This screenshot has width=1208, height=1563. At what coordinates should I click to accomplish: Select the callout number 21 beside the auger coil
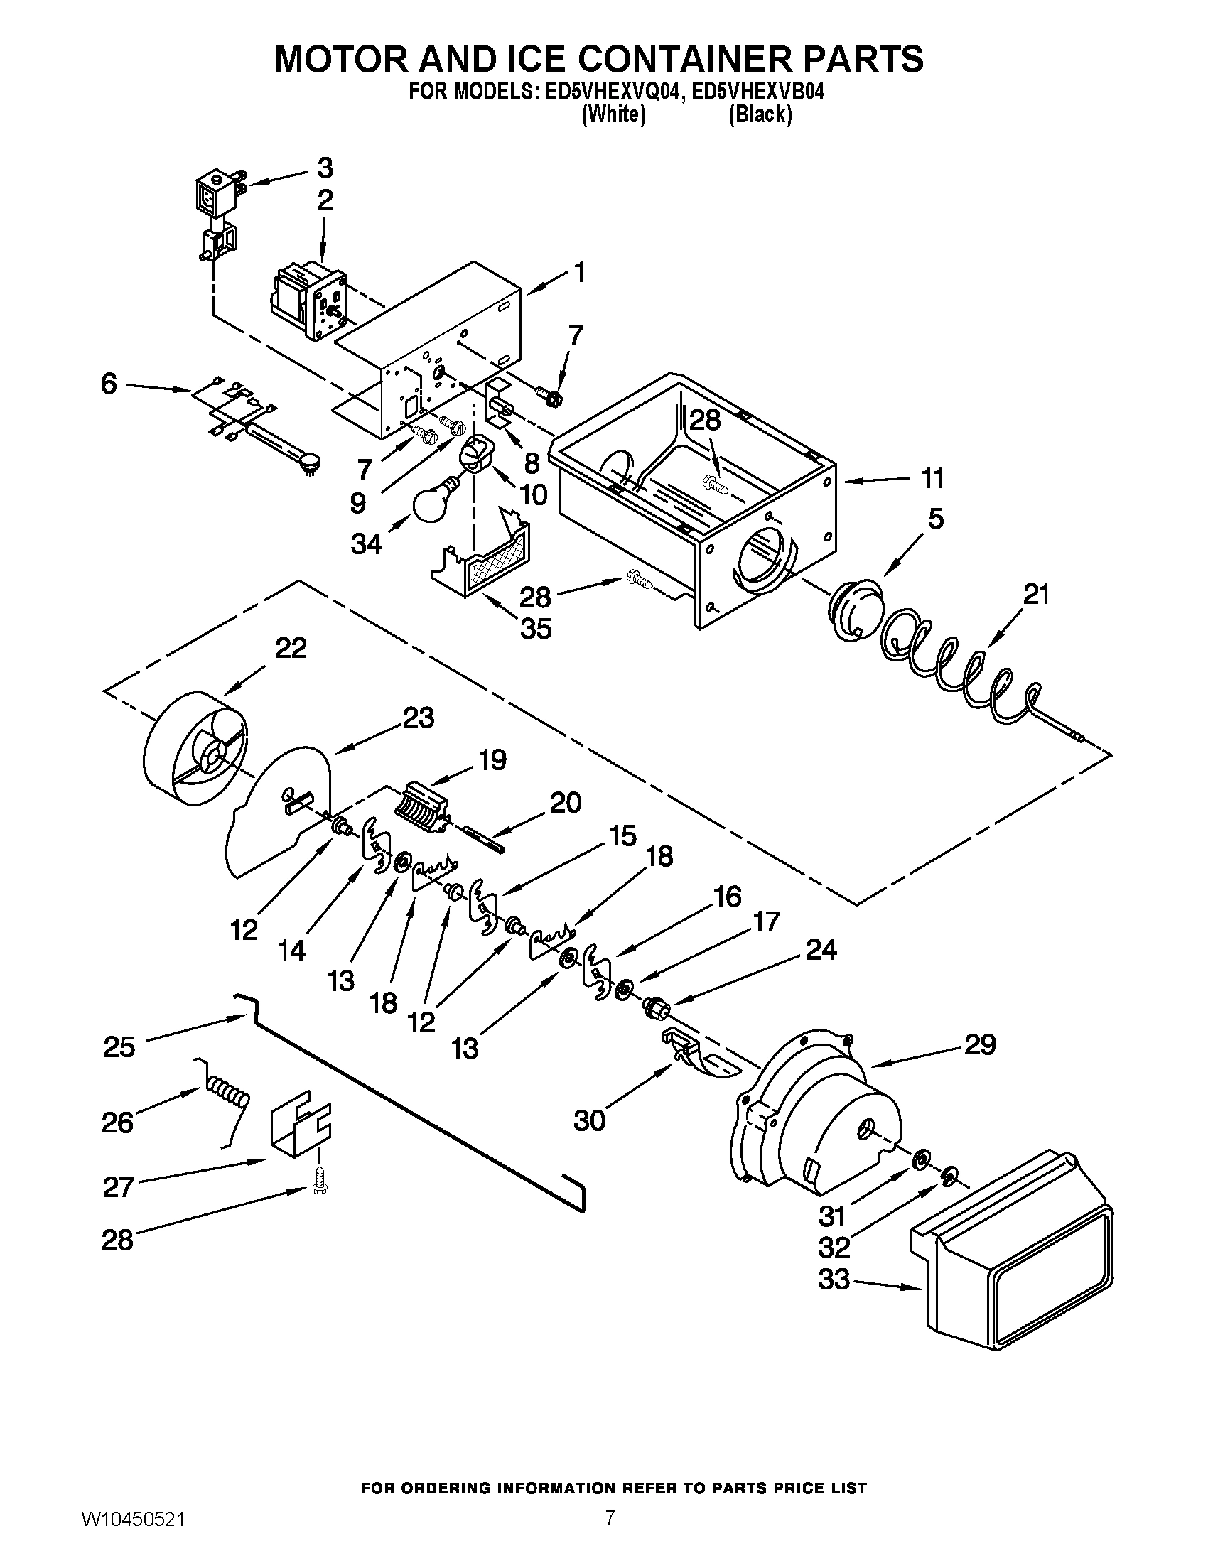click(1035, 594)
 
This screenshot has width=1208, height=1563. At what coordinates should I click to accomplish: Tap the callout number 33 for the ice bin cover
click(834, 1279)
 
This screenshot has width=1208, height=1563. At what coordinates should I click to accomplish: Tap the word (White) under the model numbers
click(614, 114)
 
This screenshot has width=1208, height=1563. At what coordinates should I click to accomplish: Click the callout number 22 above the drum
click(291, 648)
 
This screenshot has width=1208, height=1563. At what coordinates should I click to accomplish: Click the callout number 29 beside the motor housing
click(980, 1046)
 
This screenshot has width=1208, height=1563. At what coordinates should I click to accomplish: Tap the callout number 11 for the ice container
click(932, 478)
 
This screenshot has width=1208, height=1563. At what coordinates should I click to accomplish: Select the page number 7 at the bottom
click(609, 1535)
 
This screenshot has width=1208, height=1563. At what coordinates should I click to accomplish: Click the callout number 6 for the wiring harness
click(109, 384)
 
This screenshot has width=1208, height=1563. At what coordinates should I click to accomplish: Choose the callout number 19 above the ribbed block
click(492, 759)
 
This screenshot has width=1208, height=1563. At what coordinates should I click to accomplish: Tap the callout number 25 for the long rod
click(119, 1047)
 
